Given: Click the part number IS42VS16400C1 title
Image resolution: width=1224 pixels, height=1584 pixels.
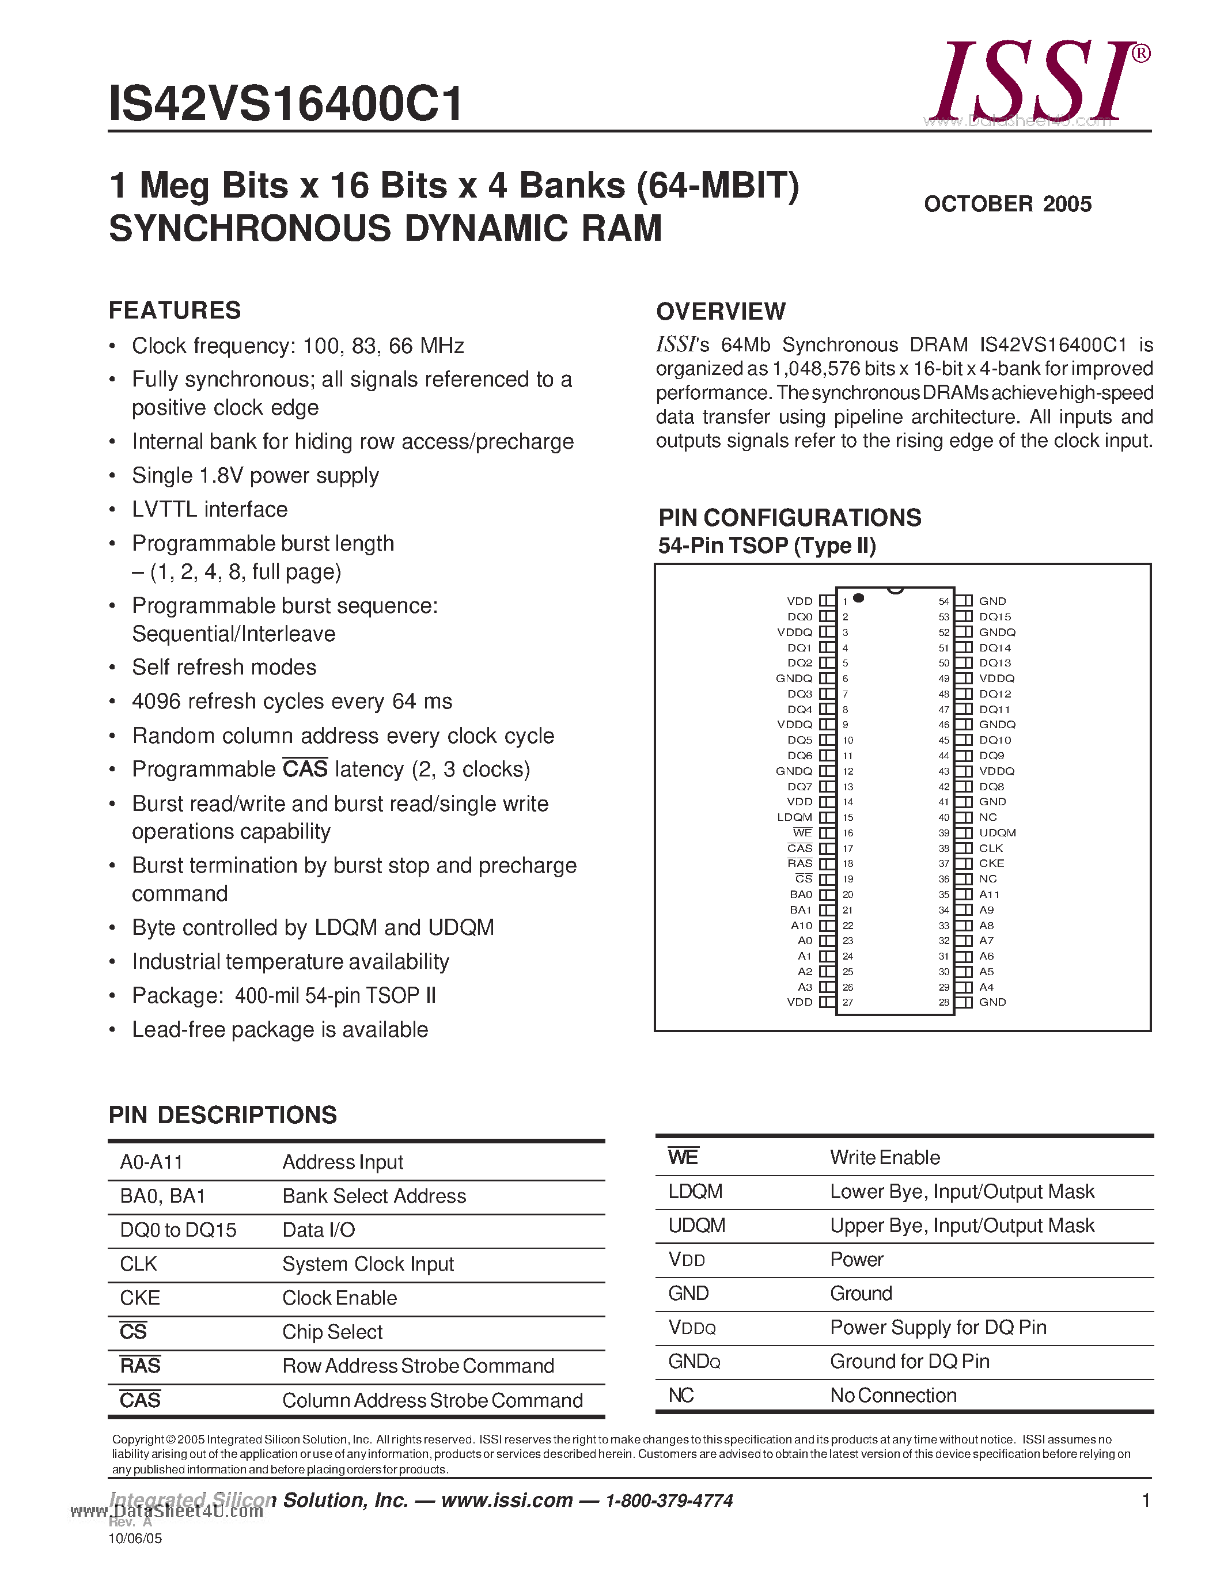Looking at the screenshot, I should pos(286,104).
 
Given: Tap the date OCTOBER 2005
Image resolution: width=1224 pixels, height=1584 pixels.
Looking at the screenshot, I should pos(1007,204).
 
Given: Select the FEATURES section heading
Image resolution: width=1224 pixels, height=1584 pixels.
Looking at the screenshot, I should pos(174,310).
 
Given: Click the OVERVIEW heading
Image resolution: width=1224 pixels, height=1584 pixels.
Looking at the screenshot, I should pos(720,312).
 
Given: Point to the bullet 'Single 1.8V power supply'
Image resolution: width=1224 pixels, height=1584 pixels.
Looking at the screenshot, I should pos(255,476).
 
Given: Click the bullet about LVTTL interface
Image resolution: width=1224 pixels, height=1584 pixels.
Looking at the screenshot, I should pos(210,509).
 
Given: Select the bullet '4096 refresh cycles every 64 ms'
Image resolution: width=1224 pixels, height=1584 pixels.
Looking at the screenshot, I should pos(291,702).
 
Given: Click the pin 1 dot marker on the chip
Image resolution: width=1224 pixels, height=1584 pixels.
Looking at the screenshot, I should pos(859,598).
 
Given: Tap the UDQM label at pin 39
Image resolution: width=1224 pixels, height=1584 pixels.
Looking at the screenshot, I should pos(997,833).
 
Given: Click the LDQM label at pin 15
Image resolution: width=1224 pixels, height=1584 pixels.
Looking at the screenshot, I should pos(795,817).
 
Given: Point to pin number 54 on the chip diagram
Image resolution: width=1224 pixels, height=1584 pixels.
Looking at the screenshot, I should pos(943,601).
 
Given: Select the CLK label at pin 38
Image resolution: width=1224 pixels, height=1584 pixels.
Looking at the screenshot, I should pos(991,848).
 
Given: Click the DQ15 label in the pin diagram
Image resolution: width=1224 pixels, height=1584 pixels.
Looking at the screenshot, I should pos(995,616).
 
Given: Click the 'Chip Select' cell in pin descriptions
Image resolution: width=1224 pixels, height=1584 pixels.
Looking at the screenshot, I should pos(332,1332).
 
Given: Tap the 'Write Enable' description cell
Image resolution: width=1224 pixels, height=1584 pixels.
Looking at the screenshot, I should pos(885,1158).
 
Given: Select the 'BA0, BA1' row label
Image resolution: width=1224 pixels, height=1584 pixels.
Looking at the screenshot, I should pos(162,1196).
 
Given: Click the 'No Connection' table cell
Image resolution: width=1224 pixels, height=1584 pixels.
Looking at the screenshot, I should pos(893,1396).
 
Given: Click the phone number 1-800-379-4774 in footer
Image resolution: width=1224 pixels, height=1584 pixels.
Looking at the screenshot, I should pos(669,1500).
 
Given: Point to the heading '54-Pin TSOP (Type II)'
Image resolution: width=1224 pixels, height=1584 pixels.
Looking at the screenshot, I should pos(767,545).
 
